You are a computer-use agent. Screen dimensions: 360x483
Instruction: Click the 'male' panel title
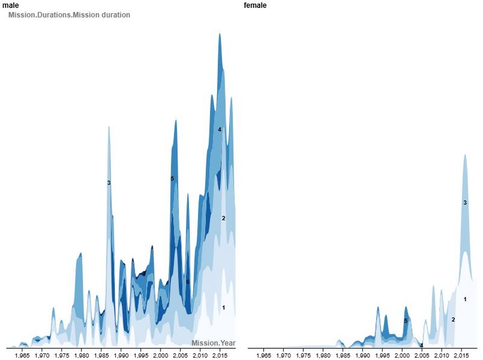(10, 5)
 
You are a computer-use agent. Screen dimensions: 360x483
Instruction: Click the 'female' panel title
(255, 5)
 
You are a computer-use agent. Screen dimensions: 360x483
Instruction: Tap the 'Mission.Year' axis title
(213, 343)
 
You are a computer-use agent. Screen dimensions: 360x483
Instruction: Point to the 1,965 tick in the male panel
(22, 356)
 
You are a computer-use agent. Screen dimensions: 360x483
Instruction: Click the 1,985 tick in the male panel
(101, 356)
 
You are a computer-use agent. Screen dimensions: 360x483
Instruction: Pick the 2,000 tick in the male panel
(161, 356)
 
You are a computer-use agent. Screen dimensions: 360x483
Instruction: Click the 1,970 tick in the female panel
(283, 356)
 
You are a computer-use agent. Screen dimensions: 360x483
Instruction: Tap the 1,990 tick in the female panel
(362, 356)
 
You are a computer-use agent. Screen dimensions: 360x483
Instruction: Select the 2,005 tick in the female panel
(421, 356)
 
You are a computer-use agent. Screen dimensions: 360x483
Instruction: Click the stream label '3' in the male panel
(109, 182)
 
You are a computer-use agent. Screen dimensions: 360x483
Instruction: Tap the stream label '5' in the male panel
(172, 179)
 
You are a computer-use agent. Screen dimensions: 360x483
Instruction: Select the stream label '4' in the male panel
(220, 129)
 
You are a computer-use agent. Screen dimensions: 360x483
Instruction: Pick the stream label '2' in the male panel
(223, 218)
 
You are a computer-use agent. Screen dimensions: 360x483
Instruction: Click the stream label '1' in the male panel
(223, 307)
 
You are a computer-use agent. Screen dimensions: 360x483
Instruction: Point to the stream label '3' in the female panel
(465, 202)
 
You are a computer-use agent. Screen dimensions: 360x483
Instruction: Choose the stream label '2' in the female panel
(453, 319)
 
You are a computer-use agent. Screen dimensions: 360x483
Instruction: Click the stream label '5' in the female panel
(406, 321)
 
